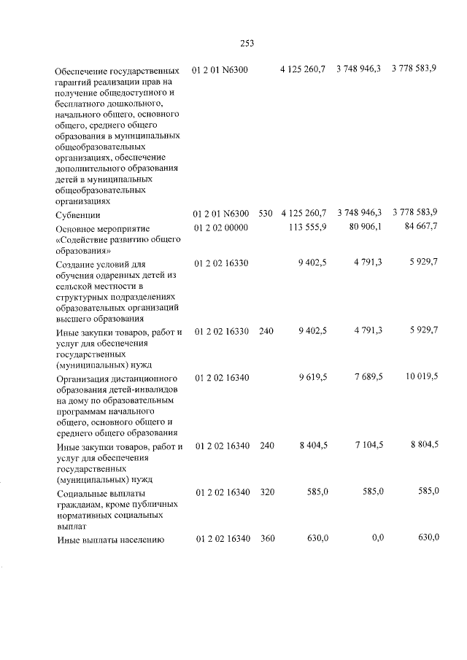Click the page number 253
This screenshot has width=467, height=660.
[247, 42]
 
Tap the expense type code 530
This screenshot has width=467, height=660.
[265, 213]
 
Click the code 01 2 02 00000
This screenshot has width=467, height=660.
[222, 228]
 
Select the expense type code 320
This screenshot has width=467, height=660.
[266, 492]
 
